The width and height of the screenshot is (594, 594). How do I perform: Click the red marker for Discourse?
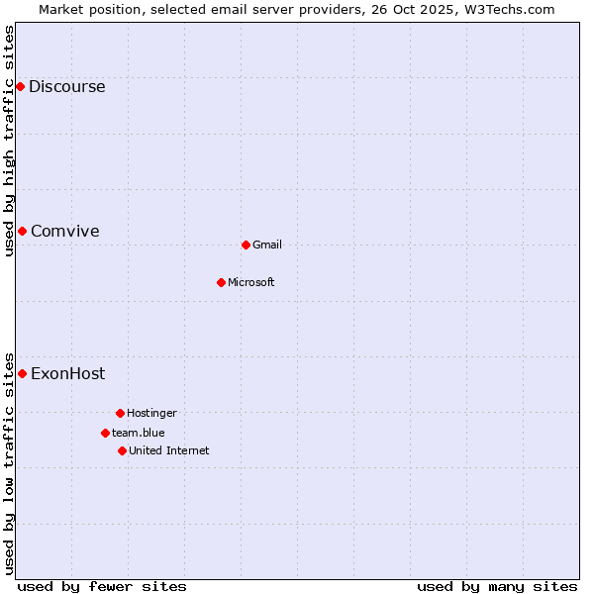click(x=20, y=86)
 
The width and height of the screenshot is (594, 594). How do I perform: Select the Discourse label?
click(x=66, y=86)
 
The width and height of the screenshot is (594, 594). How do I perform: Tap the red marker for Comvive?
click(x=22, y=231)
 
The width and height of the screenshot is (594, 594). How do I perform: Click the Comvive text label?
click(x=64, y=231)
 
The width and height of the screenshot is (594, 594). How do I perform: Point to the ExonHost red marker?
click(x=22, y=373)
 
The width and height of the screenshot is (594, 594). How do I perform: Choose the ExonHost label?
click(x=67, y=373)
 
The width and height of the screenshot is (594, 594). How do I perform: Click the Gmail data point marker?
click(x=246, y=245)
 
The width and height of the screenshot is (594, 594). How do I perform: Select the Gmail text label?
click(x=267, y=245)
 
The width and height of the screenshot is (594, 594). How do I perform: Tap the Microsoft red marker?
click(x=221, y=282)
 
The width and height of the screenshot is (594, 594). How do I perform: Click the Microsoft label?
click(x=250, y=282)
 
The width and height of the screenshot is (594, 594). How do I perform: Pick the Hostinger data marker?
click(x=120, y=413)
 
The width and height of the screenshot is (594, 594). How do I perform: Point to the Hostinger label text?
click(x=151, y=413)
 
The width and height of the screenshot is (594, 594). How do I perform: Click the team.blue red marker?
click(x=105, y=433)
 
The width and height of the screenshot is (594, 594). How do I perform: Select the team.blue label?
click(x=138, y=433)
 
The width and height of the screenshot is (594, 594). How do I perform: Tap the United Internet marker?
click(x=122, y=450)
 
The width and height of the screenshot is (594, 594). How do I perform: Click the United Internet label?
click(x=168, y=450)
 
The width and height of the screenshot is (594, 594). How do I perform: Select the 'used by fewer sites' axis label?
click(x=102, y=586)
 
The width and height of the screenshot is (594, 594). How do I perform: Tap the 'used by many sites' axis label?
click(x=497, y=586)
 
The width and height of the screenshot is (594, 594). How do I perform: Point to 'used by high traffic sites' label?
click(x=9, y=141)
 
